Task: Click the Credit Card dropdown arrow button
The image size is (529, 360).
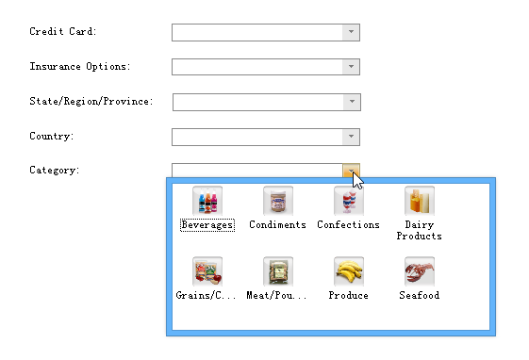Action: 351,33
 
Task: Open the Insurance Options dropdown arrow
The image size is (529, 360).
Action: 351,67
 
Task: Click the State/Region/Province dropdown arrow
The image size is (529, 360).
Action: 351,102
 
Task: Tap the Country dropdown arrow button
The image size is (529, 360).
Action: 351,138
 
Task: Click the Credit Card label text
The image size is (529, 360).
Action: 63,32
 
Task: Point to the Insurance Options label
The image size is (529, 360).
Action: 80,67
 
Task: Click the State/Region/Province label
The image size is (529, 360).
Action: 91,102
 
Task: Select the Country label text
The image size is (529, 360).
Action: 52,137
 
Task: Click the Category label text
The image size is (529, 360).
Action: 55,171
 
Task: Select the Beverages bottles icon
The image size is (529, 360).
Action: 207,202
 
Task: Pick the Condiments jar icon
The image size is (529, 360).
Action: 277,202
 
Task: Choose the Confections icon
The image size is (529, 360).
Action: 348,202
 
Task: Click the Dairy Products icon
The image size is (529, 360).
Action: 419,201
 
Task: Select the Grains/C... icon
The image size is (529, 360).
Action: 207,272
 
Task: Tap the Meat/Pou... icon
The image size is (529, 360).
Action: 277,272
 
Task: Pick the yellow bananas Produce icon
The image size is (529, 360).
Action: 348,272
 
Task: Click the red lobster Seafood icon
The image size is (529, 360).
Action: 419,272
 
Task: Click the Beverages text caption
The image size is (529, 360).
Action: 207,225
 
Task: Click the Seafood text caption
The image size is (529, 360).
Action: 419,296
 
